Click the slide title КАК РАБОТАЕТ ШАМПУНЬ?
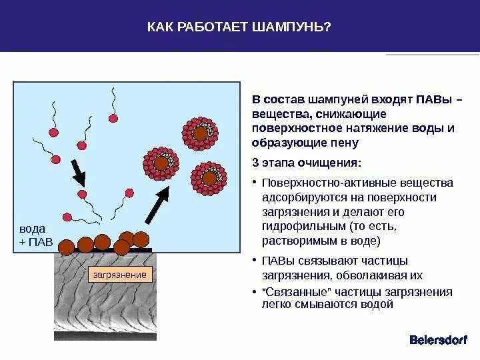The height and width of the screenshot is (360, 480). [239, 27]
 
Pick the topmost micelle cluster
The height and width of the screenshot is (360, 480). [200, 133]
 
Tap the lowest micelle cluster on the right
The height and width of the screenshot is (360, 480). [209, 178]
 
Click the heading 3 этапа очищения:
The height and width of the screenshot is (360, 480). [307, 163]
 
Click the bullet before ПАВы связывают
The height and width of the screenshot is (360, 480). [255, 261]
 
